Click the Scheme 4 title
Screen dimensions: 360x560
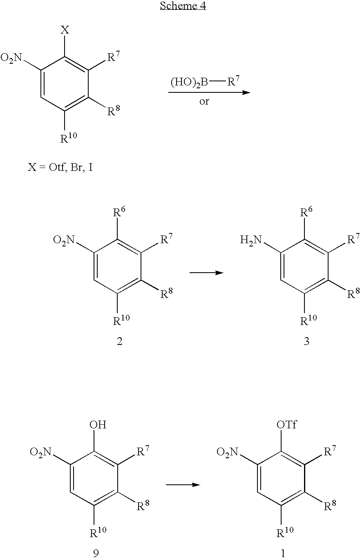183,5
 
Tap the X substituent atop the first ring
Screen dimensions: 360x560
65,30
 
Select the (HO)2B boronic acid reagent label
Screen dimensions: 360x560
189,82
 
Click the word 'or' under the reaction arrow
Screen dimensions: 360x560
204,101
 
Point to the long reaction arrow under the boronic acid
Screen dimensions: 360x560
209,92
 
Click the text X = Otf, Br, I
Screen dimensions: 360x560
60,167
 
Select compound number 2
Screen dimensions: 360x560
119,341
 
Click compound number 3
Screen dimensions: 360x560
307,341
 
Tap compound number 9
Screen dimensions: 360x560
96,553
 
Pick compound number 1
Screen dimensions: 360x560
283,553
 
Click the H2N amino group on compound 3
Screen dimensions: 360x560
251,240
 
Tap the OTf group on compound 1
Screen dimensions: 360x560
287,425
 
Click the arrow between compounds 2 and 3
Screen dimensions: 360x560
206,273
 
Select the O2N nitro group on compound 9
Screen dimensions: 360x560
40,452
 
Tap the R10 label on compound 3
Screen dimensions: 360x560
309,320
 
